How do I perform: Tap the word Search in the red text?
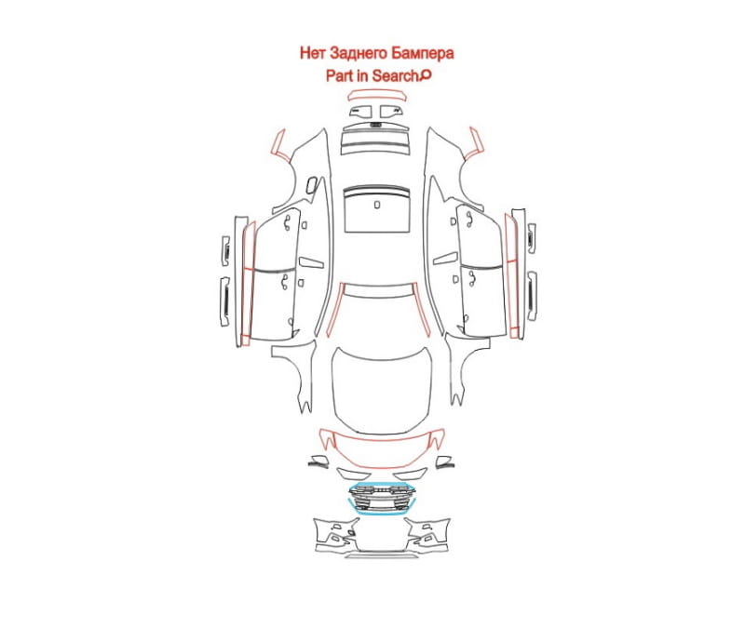(395, 75)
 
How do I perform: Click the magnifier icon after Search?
(426, 75)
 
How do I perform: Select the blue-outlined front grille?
(382, 498)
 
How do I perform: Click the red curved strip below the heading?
(377, 92)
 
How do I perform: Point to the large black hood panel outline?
(382, 389)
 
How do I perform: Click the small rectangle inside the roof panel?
(377, 205)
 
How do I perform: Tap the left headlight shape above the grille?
(353, 474)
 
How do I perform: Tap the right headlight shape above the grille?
(411, 474)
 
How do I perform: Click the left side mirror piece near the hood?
(318, 461)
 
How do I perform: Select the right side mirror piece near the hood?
(445, 461)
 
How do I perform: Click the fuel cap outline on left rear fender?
(312, 185)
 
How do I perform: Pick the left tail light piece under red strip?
(360, 112)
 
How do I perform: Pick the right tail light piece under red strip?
(392, 112)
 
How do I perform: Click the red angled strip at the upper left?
(279, 143)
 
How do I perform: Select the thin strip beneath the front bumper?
(382, 555)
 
